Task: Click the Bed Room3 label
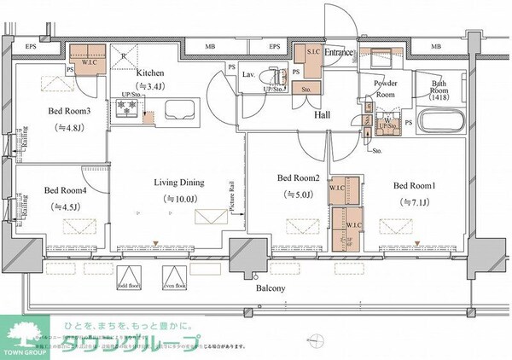pyautogui.click(x=63, y=111)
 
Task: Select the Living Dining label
pyautogui.click(x=177, y=183)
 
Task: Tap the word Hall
pyautogui.click(x=323, y=114)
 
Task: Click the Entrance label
pyautogui.click(x=339, y=53)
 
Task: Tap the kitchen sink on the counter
pyautogui.click(x=179, y=110)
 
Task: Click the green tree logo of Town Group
pyautogui.click(x=22, y=329)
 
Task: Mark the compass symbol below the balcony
pyautogui.click(x=320, y=343)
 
